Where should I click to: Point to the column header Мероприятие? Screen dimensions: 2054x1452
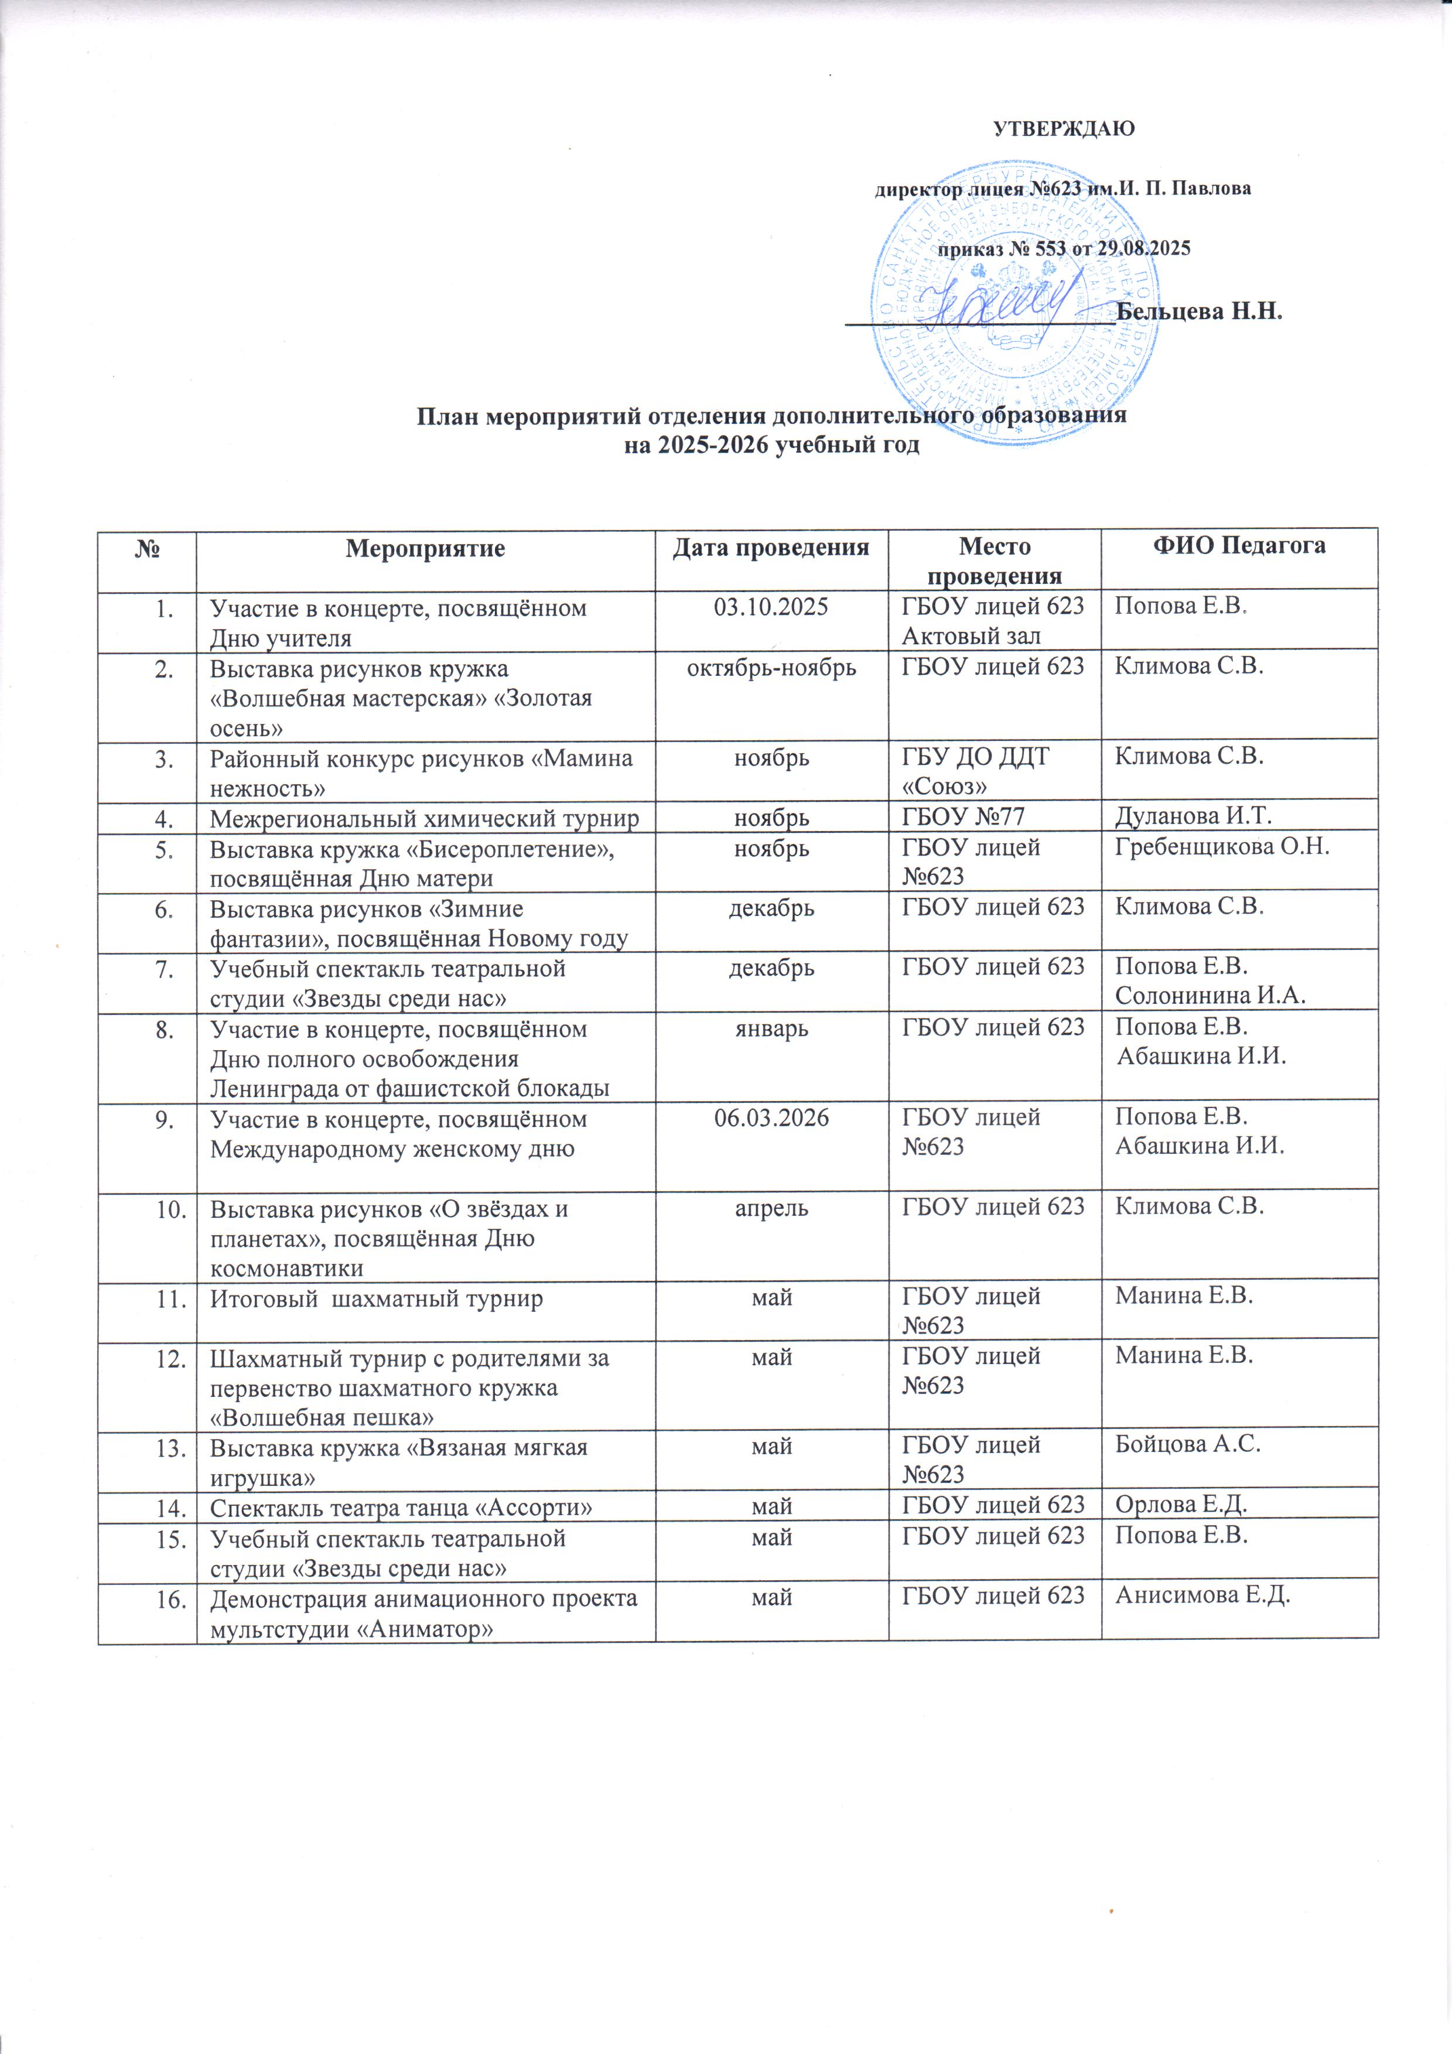pyautogui.click(x=425, y=548)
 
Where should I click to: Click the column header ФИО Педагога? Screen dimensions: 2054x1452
pyautogui.click(x=1238, y=546)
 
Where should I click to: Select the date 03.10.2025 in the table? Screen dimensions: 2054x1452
pyautogui.click(x=771, y=609)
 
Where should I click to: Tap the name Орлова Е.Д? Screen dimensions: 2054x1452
pyautogui.click(x=1181, y=1505)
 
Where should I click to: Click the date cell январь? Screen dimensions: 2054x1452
pyautogui.click(x=771, y=1029)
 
